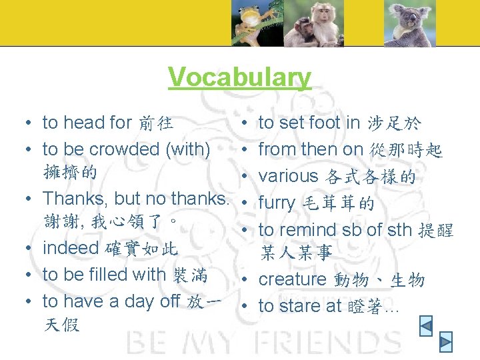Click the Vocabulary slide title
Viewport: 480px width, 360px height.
click(x=239, y=77)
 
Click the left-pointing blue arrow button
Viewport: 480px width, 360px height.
click(x=426, y=325)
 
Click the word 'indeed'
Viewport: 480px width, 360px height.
click(x=70, y=248)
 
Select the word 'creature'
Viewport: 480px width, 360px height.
click(x=291, y=279)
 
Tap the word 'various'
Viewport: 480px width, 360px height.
click(x=289, y=176)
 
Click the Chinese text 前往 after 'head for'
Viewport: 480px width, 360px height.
click(x=155, y=123)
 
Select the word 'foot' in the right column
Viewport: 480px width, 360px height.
click(x=325, y=123)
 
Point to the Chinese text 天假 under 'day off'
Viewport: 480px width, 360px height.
click(x=61, y=325)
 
